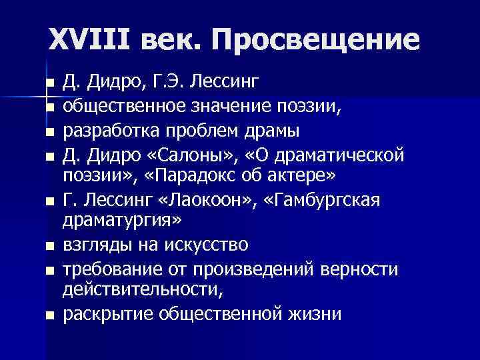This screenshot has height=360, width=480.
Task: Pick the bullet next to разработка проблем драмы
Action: [49, 131]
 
